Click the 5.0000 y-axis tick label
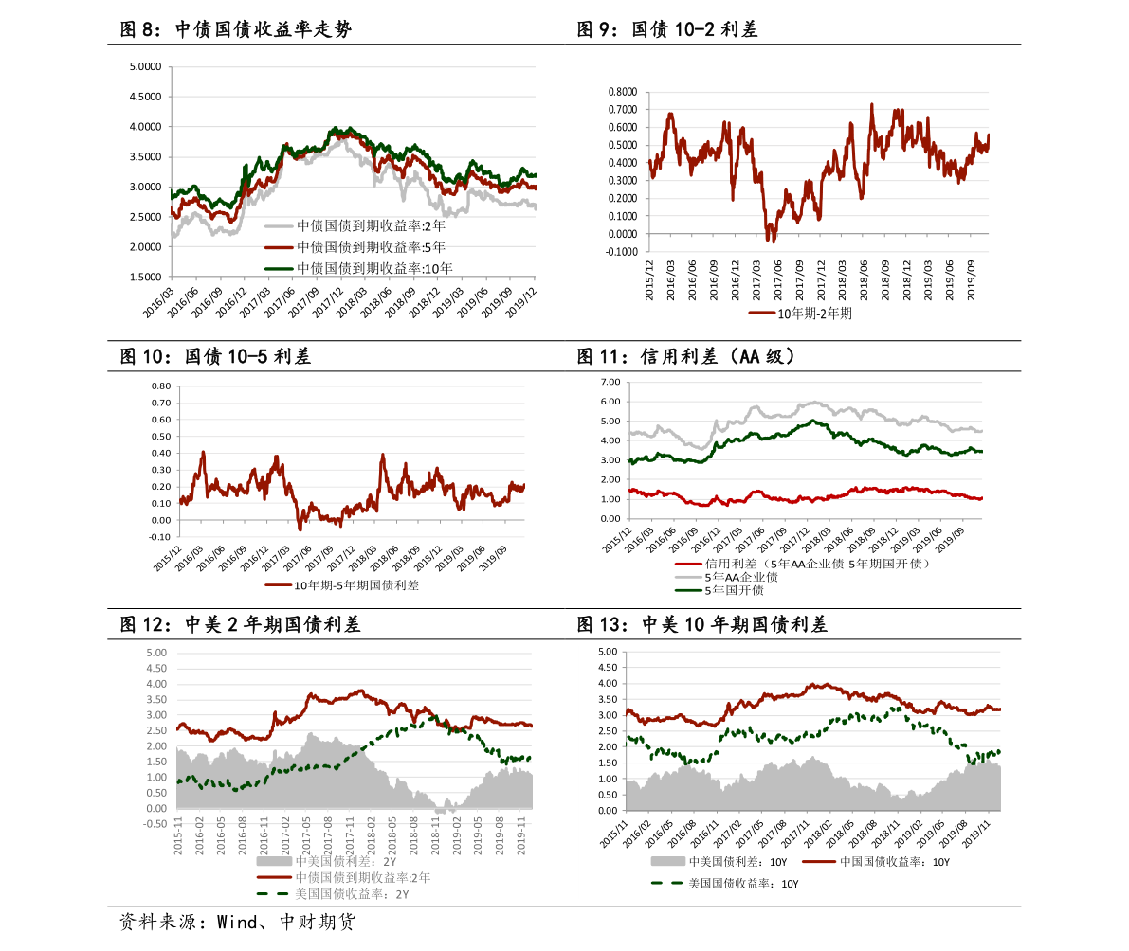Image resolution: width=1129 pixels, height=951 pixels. [x=146, y=66]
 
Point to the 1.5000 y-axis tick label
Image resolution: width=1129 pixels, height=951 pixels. [x=146, y=278]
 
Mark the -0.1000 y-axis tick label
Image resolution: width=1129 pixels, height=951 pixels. [x=621, y=252]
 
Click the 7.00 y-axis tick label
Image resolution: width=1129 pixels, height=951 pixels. [x=610, y=382]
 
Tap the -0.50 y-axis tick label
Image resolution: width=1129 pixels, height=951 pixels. [x=155, y=824]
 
